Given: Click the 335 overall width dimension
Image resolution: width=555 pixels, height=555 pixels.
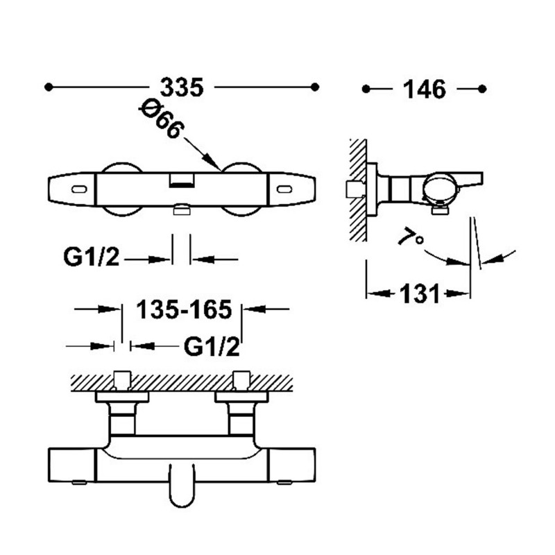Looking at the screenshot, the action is [182, 87].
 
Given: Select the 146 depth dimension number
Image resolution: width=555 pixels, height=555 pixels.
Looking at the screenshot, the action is [425, 89].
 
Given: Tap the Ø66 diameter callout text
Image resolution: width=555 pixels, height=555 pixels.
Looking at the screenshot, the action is [162, 118].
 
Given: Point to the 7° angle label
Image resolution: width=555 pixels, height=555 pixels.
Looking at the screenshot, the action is [411, 237].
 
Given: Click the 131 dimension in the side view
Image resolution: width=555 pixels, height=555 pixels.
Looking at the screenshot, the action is [420, 293].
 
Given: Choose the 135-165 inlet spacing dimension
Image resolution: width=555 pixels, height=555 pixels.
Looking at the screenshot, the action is [184, 309].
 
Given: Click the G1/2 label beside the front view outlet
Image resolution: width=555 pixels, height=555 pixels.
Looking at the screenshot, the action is [92, 257].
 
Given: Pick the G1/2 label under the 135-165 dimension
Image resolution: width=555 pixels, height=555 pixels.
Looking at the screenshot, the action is [212, 346].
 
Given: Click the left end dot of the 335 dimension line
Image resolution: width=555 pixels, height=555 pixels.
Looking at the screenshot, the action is [49, 87].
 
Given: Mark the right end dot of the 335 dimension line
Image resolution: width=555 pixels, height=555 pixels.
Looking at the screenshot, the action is [315, 87].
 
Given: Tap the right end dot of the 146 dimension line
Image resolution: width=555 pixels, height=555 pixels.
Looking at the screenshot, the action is [482, 89].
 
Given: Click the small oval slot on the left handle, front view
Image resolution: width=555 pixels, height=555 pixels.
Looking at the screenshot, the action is [79, 189].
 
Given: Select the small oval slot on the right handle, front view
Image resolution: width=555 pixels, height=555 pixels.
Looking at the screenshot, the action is [284, 189].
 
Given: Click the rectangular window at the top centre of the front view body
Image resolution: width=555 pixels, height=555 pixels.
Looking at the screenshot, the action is [182, 180].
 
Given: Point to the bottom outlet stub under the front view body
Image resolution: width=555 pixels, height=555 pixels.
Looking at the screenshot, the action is [182, 210].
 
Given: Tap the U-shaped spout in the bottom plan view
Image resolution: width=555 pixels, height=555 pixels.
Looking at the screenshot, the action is [182, 485].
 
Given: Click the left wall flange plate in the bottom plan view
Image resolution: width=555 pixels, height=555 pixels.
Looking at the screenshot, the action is [122, 397].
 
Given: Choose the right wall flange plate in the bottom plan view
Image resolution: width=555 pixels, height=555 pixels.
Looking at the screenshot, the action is [241, 397].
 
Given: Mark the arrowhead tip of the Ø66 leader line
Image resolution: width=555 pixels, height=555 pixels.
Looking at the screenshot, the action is [220, 169].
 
